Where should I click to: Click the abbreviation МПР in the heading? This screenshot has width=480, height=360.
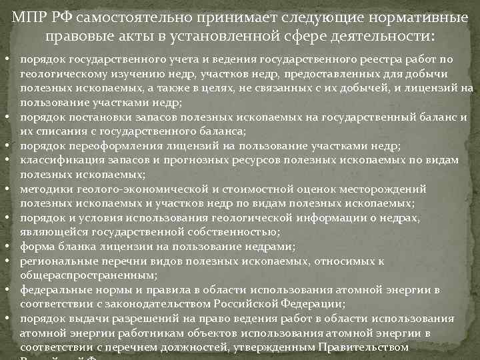point(31,15)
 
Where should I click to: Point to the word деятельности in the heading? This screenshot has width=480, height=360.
point(362,34)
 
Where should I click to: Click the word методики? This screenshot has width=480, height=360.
point(44,189)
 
